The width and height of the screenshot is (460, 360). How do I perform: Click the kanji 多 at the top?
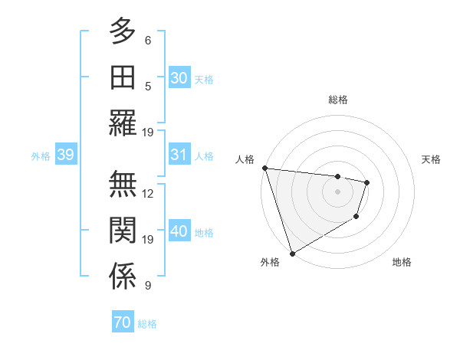pos(123,31)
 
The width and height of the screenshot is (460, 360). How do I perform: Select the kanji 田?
pos(123,77)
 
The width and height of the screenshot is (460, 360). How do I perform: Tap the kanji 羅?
pos(123,122)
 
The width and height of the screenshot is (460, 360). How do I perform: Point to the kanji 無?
pos(123,185)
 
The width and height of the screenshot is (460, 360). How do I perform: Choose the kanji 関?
pos(123,231)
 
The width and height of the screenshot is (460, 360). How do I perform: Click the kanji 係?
pos(123,277)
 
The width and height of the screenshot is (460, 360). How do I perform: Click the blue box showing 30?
pos(179,77)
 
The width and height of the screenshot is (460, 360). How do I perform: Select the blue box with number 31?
pos(179,155)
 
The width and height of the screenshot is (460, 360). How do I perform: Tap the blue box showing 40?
pos(179,231)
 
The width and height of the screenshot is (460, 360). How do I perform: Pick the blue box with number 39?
pos(65,155)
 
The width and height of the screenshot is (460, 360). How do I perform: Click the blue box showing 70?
pos(122,322)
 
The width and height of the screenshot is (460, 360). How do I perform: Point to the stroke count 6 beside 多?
pos(148,40)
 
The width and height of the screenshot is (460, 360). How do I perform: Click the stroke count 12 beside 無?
pos(148,193)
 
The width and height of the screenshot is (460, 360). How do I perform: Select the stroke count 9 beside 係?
pos(148,286)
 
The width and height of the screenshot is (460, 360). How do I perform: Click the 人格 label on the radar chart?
pos(245,159)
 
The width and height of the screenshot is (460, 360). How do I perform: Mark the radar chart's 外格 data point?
pos(292,253)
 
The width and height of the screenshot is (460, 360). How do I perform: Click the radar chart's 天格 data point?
pos(367,182)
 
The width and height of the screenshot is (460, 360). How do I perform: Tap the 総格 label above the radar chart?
pos(337,100)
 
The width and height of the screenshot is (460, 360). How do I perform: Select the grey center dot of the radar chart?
pos(337,191)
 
